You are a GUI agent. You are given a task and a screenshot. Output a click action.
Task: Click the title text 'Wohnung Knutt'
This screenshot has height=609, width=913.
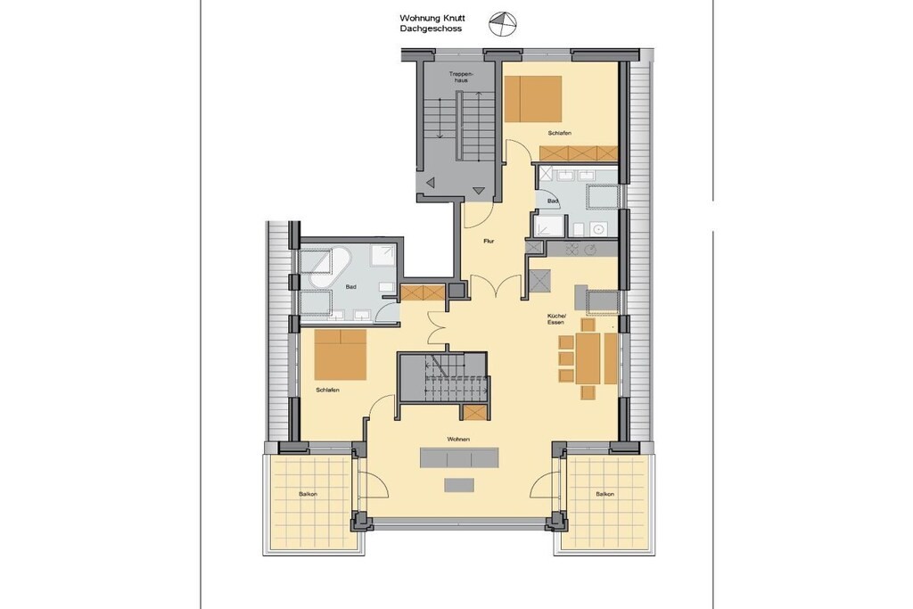click(432, 19)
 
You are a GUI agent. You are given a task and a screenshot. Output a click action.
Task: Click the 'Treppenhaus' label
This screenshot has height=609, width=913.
click(461, 77)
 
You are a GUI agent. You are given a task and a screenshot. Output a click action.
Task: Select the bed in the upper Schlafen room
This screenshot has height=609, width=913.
click(533, 99)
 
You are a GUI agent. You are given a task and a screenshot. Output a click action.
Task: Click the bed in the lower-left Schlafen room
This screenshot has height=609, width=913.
click(341, 355)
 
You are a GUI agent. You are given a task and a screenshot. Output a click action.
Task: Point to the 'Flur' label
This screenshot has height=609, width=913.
click(489, 241)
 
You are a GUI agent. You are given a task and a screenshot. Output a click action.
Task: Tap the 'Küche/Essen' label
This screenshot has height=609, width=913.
click(555, 319)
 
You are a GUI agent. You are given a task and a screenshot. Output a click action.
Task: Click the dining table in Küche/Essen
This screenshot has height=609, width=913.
click(588, 358)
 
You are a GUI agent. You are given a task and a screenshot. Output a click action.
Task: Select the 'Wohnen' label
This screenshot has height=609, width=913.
click(458, 439)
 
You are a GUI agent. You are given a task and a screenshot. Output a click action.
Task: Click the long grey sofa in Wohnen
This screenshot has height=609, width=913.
click(460, 457)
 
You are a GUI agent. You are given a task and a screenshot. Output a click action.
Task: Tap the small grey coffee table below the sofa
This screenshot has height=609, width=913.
click(459, 484)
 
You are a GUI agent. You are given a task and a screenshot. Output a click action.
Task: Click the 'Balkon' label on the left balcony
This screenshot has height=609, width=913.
click(308, 494)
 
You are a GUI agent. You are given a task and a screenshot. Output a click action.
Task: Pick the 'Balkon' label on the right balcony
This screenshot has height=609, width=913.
click(605, 494)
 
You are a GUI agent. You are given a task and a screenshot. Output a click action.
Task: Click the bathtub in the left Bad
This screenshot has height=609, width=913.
click(329, 267)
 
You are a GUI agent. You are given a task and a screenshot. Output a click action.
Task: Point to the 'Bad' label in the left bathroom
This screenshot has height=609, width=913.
click(350, 287)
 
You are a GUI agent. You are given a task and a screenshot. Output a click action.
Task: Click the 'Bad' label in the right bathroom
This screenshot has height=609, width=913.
click(553, 202)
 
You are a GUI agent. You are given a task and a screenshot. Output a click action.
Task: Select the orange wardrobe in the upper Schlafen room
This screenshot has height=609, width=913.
click(578, 153)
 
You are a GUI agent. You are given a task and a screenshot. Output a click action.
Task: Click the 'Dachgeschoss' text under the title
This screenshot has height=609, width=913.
click(431, 29)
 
